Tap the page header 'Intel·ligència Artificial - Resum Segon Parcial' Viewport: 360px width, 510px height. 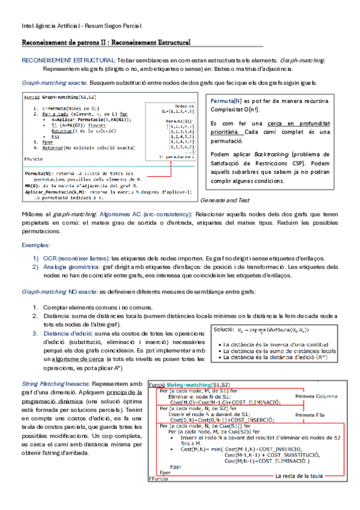coord(82,26)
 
